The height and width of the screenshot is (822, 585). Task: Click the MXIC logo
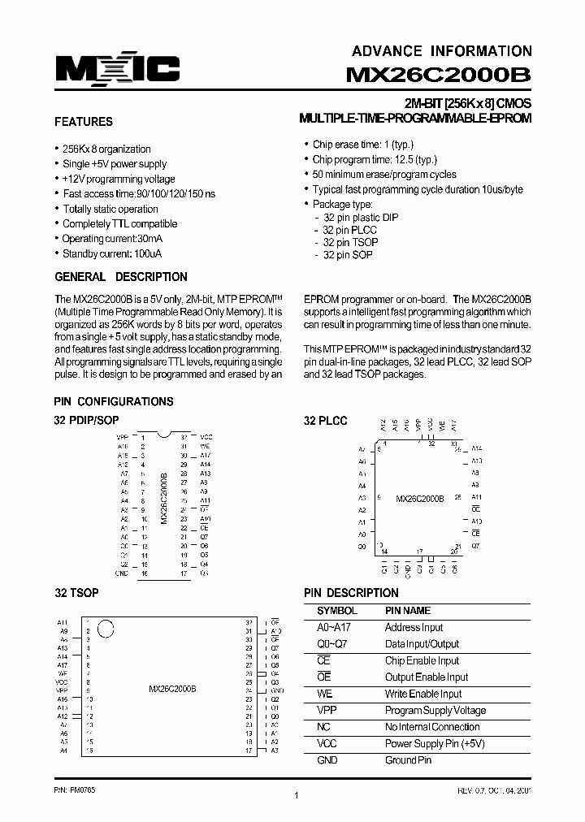[x=117, y=70]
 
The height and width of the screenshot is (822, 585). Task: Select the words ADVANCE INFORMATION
[x=442, y=50]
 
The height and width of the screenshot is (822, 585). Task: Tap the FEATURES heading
[x=83, y=122]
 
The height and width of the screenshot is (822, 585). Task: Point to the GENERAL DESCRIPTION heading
[x=120, y=277]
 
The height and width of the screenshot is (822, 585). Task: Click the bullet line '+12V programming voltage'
[x=119, y=179]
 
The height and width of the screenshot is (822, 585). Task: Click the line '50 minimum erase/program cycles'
[x=384, y=174]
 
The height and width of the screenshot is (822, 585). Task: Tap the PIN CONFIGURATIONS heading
[x=113, y=401]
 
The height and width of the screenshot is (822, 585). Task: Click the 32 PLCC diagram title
[x=325, y=421]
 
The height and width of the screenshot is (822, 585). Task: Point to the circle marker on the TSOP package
[x=105, y=628]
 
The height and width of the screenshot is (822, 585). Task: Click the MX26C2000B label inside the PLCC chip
[x=419, y=498]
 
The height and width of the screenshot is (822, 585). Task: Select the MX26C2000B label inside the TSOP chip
[x=172, y=689]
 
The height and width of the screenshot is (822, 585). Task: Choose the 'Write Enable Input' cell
[x=422, y=694]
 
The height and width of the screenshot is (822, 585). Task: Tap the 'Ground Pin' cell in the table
[x=408, y=760]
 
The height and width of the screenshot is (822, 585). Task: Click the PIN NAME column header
[x=407, y=610]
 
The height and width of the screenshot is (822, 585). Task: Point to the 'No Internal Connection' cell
[x=432, y=727]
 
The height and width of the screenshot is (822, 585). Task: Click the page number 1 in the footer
[x=296, y=796]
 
